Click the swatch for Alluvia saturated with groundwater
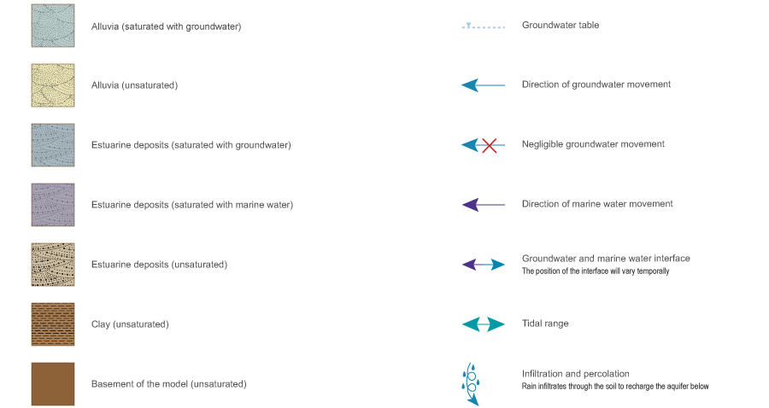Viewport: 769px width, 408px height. [53, 26]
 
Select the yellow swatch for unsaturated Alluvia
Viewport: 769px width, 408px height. [53, 85]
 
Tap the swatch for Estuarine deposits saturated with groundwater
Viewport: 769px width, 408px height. [53, 145]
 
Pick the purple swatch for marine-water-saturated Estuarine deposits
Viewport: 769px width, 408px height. [53, 205]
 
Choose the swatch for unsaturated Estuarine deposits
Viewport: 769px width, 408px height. [53, 265]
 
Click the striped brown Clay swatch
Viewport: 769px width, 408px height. [53, 324]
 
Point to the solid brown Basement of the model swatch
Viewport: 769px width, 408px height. [53, 384]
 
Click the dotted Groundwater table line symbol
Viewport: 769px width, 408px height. [483, 26]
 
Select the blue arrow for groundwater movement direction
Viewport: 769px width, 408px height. [483, 85]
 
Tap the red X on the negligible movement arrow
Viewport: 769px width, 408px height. [490, 145]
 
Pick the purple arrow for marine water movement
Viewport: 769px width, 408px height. [483, 205]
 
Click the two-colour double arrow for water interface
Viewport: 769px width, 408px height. [483, 265]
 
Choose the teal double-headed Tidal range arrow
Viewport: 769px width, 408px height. [483, 324]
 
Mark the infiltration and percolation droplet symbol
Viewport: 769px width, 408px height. [470, 382]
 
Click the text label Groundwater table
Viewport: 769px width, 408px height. [560, 26]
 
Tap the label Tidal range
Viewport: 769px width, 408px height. [545, 324]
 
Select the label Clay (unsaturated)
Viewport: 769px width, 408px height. [130, 324]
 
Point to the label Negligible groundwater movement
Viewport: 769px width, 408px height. [593, 145]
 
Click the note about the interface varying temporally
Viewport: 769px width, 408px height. [595, 271]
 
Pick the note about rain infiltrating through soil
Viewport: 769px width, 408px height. [615, 387]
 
